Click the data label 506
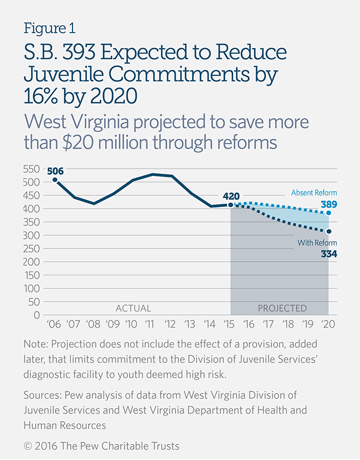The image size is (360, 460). (x=55, y=171)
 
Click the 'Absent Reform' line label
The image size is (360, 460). (x=314, y=193)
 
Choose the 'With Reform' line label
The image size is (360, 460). (x=317, y=242)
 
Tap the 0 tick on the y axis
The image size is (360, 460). (x=37, y=315)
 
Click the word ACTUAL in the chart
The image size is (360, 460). (x=133, y=308)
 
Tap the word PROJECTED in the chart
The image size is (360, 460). (x=282, y=308)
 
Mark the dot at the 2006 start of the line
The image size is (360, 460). (x=55, y=179)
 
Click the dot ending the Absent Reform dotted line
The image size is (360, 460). (x=330, y=213)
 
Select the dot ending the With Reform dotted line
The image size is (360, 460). (x=330, y=231)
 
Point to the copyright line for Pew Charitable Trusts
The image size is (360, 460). (x=101, y=446)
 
